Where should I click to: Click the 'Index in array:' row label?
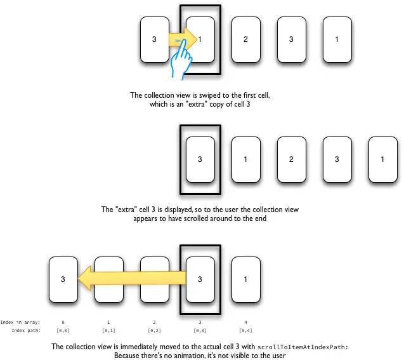(x=20, y=322)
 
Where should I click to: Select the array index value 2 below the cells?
(x=155, y=322)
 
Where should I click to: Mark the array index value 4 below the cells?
(x=245, y=322)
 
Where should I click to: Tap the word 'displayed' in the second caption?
(x=188, y=209)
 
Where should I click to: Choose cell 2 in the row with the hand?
(x=245, y=39)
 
